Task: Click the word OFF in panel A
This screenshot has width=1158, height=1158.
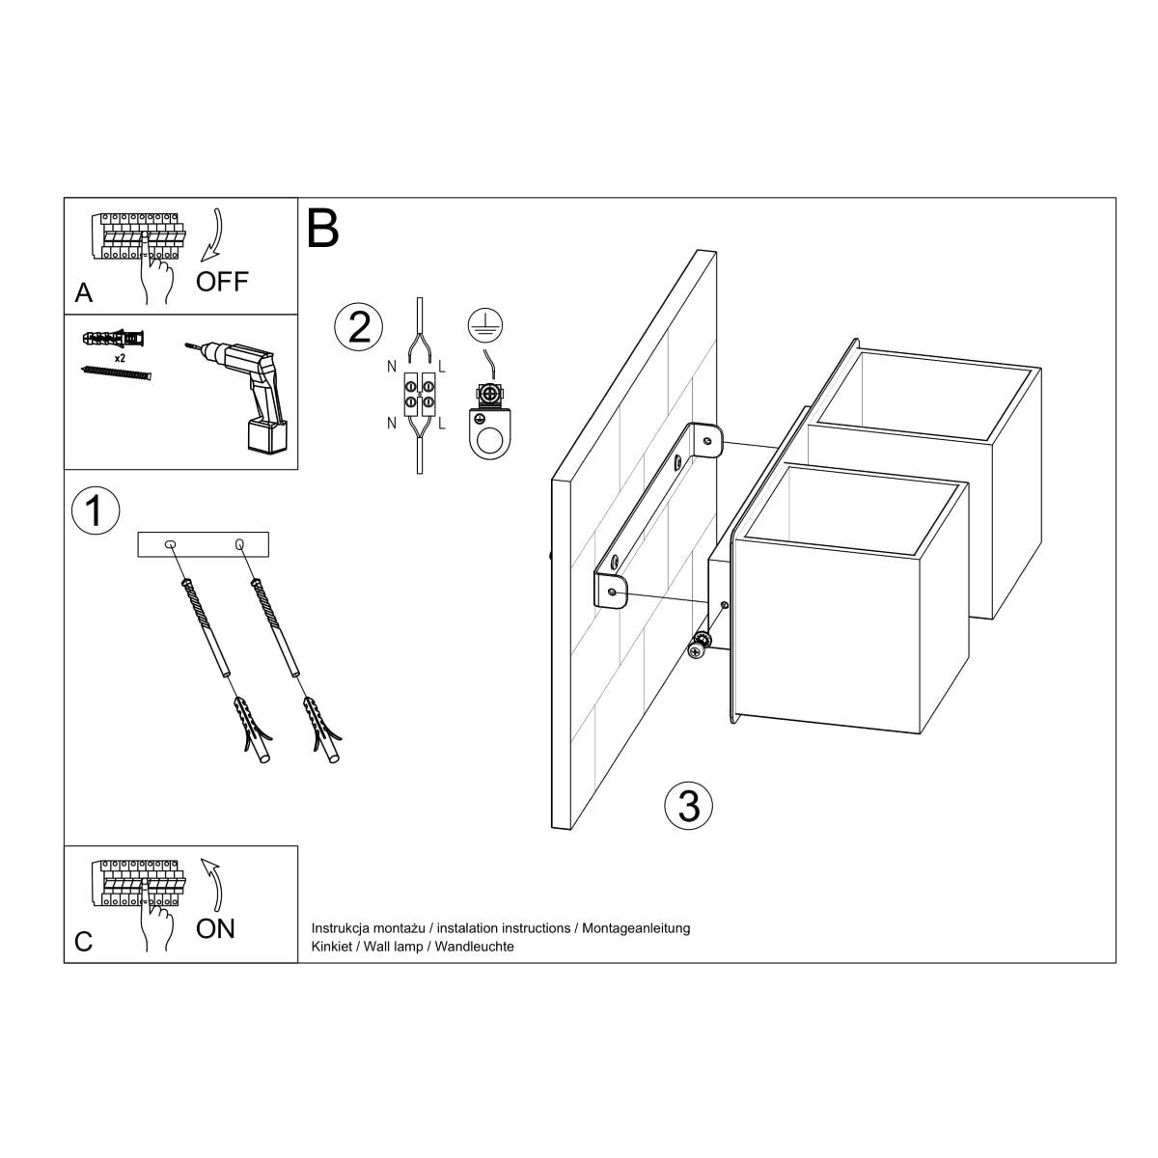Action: click(x=222, y=282)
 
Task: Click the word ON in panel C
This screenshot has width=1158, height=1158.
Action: click(x=215, y=928)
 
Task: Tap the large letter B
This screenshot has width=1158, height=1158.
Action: click(x=323, y=228)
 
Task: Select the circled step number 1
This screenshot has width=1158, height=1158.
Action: click(x=95, y=511)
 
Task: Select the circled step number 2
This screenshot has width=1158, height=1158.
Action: click(x=358, y=327)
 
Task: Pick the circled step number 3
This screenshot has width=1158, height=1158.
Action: click(x=689, y=805)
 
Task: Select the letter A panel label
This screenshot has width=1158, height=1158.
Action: click(x=84, y=293)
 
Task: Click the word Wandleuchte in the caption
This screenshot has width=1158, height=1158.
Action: click(x=474, y=947)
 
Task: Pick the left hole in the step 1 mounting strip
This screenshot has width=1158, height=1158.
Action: click(x=171, y=546)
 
